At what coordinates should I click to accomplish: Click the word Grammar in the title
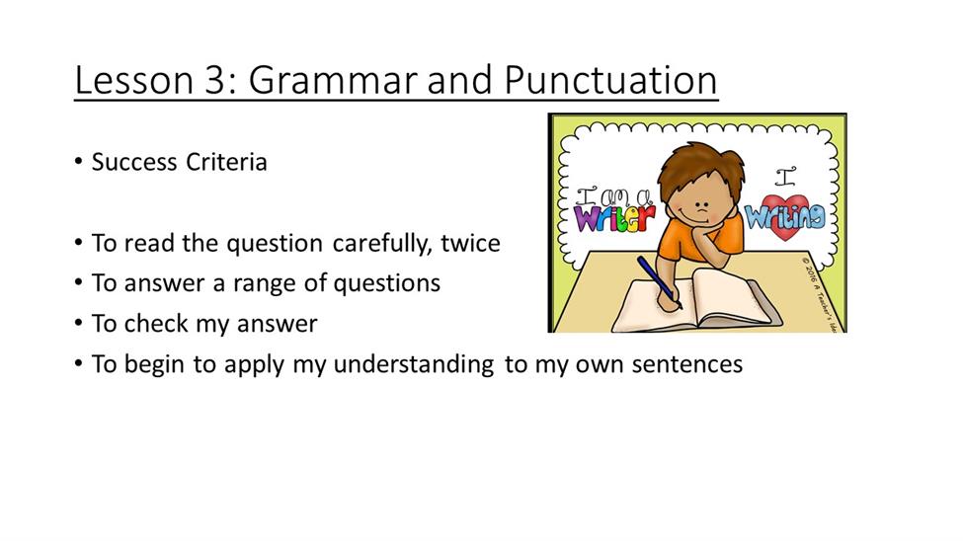[x=332, y=80]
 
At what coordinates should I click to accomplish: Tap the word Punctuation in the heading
[x=610, y=80]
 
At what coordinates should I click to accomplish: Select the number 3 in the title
[x=215, y=80]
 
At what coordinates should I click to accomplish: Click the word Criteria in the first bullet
[x=226, y=162]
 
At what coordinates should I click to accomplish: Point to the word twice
[x=470, y=243]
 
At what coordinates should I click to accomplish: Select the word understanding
[x=414, y=364]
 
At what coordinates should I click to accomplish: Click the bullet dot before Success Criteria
[x=78, y=162]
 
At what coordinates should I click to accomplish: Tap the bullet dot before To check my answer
[x=78, y=323]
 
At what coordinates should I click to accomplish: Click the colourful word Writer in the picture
[x=614, y=218]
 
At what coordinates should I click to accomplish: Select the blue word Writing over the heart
[x=785, y=216]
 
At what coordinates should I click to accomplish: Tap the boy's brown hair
[x=699, y=169]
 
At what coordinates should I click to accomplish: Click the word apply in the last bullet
[x=254, y=364]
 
